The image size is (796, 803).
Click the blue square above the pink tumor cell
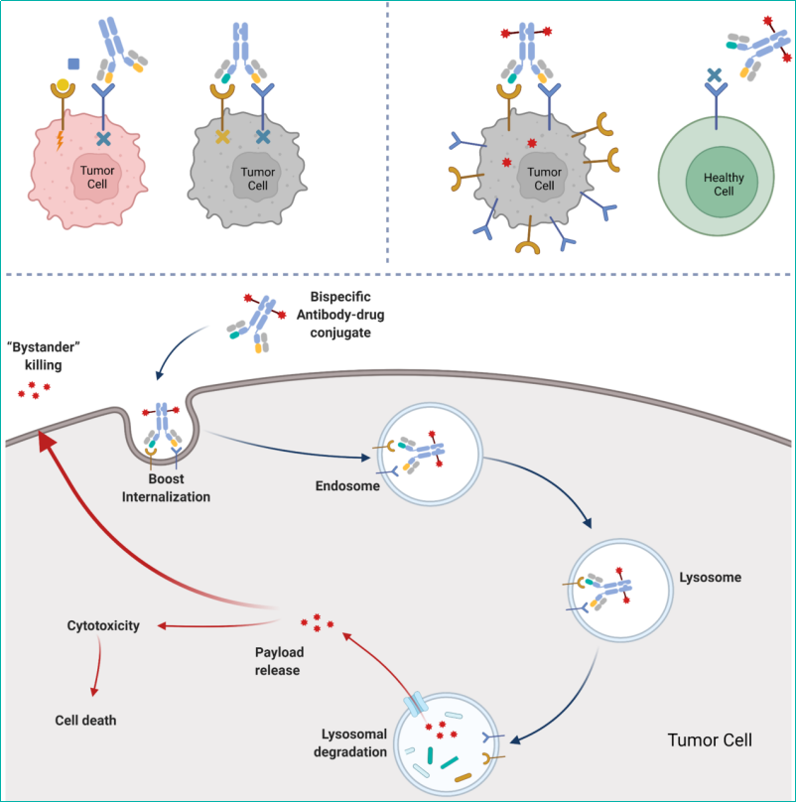72,65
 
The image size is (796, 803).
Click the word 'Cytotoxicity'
103,625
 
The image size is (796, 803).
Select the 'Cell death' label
85,720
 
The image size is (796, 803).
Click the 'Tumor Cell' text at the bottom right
710,740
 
